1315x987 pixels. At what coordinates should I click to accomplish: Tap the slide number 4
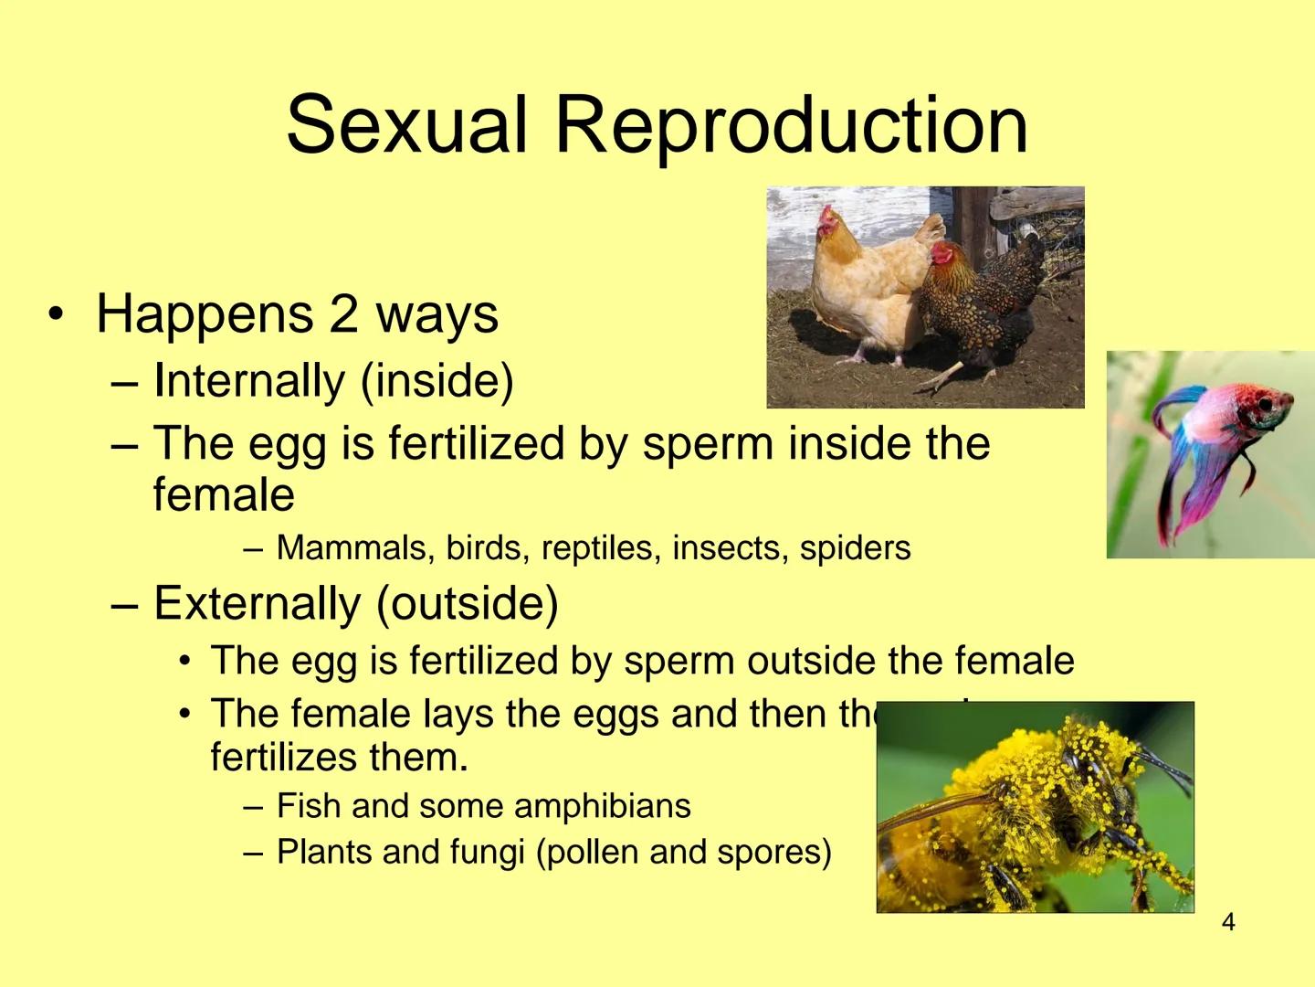pyautogui.click(x=1228, y=922)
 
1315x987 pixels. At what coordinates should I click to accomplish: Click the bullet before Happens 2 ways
pyautogui.click(x=57, y=314)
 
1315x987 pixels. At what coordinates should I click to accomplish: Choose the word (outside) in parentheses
pyautogui.click(x=467, y=603)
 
